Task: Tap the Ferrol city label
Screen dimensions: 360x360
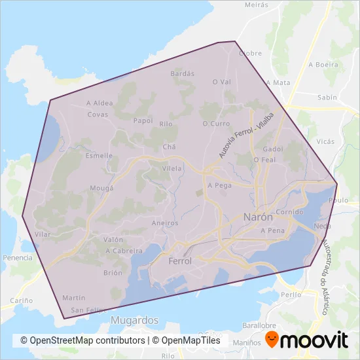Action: pos(180,261)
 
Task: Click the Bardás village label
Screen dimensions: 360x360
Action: pos(183,74)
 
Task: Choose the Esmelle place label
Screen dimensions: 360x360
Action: pos(99,156)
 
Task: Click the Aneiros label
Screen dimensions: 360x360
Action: pos(165,223)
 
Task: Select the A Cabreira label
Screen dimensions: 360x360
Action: pos(123,251)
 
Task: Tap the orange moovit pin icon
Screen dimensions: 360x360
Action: pos(272,339)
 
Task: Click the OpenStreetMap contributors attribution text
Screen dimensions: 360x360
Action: pos(82,340)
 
